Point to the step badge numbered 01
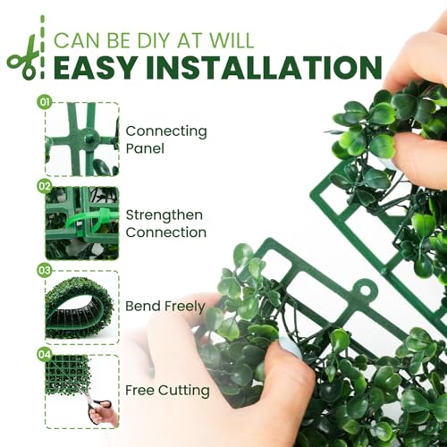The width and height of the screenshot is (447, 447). point(45,102)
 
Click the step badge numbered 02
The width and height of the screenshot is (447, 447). point(45,186)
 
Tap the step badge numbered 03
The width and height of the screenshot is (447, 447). point(45,270)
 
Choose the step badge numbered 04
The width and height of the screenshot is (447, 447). point(45,354)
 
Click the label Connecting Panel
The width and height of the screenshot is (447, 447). point(166,139)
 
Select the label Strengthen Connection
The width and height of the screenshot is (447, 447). point(166,223)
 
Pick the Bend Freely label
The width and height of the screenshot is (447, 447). point(165,307)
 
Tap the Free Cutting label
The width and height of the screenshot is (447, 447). point(167,391)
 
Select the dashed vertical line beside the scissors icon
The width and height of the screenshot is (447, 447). point(42,47)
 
